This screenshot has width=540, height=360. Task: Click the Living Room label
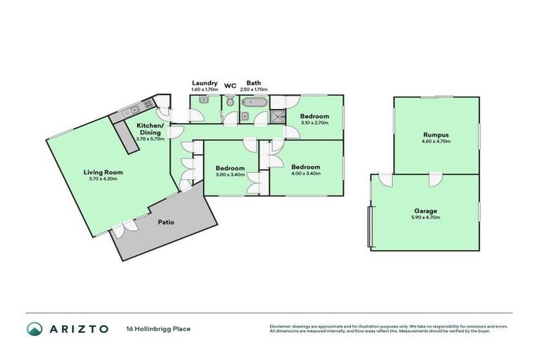(x=98, y=172)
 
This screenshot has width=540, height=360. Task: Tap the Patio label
(x=165, y=222)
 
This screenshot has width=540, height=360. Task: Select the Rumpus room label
(x=436, y=134)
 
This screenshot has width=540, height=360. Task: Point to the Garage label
(x=425, y=211)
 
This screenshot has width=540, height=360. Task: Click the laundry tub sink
(x=202, y=102)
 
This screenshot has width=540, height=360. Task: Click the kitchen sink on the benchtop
(x=131, y=111)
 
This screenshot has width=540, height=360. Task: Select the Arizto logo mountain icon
(x=34, y=328)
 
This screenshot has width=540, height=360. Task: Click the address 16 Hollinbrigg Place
(x=158, y=328)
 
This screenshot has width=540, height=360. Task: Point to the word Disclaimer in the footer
(x=281, y=326)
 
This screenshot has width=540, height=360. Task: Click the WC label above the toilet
(x=230, y=87)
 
